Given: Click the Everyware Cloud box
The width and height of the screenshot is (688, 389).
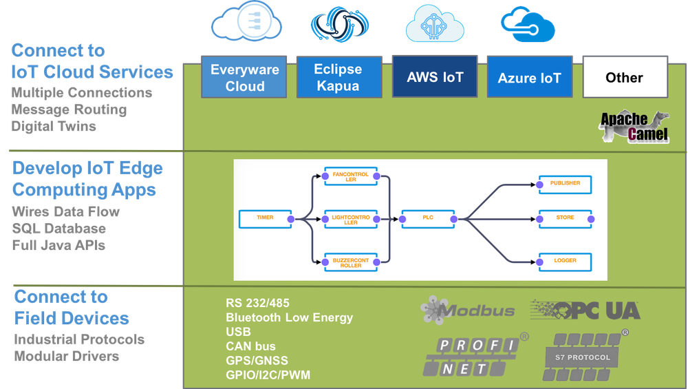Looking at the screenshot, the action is click(244, 77).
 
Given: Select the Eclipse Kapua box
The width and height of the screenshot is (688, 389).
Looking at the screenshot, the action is click(339, 77).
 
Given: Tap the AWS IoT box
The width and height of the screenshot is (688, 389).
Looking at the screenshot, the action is click(435, 76).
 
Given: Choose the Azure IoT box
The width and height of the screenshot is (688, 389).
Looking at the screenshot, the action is click(530, 77).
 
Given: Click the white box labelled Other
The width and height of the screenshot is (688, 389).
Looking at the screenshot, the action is click(625, 77).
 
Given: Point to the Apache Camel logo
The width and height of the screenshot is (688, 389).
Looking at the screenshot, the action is click(634, 127).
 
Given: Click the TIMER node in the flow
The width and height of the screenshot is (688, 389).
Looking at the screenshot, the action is click(266, 219).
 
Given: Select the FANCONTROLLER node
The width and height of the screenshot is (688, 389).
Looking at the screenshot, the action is click(351, 176).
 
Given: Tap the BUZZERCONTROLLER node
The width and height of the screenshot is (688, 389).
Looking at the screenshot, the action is click(351, 262).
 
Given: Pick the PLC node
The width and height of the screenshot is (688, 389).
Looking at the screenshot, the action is click(428, 219).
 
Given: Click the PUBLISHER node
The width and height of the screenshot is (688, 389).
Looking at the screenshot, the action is click(565, 185).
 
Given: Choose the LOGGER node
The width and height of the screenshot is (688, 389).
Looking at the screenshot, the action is click(565, 262).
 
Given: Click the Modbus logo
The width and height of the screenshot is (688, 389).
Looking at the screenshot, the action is click(467, 310).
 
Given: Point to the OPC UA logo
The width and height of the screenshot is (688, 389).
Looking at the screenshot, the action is click(585, 311).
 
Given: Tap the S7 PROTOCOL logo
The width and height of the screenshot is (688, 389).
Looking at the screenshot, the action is click(583, 356).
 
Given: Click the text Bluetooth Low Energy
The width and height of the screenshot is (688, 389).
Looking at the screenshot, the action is click(289, 317).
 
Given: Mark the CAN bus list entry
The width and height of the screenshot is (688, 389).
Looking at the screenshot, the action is click(250, 346).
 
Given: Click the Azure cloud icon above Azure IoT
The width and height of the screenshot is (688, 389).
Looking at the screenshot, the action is click(528, 25).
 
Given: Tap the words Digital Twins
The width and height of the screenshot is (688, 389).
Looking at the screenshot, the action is click(54, 127).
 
